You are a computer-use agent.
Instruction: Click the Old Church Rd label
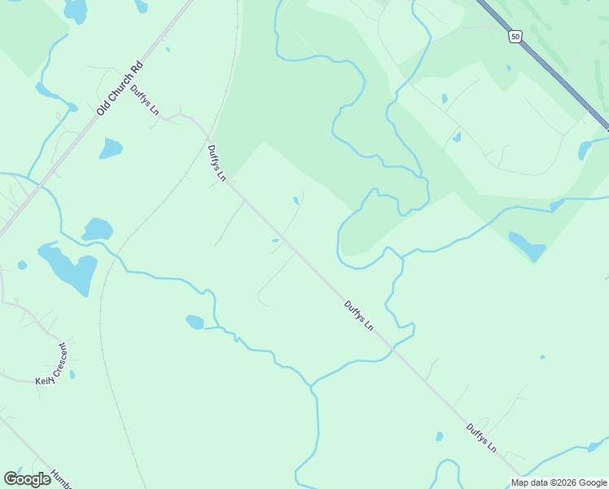pos(119,87)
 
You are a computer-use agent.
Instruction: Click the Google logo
pos(28,479)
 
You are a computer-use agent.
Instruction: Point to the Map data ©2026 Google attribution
pos(558,482)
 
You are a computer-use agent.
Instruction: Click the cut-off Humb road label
pos(59,478)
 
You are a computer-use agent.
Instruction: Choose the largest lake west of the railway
pos(68,268)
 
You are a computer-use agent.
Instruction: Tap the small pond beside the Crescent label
pos(72,374)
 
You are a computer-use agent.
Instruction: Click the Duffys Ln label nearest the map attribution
pos(481,438)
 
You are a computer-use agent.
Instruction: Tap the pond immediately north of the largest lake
pos(97,229)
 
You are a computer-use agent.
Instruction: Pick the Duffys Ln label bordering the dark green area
pos(216,162)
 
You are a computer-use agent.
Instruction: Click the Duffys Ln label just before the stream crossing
pos(358,315)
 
